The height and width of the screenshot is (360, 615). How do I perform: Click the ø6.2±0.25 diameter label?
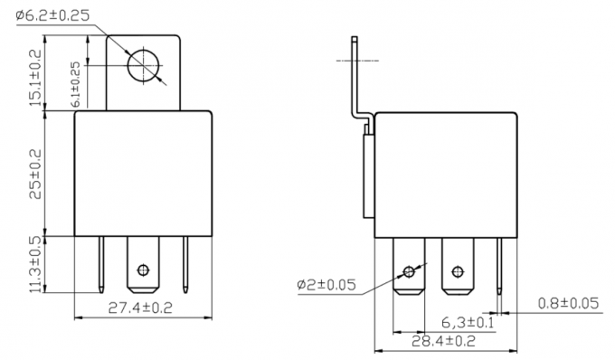click(x=55, y=16)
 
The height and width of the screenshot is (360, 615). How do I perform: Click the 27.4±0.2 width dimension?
click(x=140, y=308)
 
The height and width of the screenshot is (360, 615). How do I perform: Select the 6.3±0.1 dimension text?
click(x=468, y=322)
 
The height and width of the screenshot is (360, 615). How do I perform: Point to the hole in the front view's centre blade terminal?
click(x=141, y=269)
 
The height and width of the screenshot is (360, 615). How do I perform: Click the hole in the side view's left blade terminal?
click(x=410, y=270)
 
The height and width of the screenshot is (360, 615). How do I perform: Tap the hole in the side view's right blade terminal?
click(x=457, y=270)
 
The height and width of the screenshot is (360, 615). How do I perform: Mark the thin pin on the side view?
click(x=499, y=262)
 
